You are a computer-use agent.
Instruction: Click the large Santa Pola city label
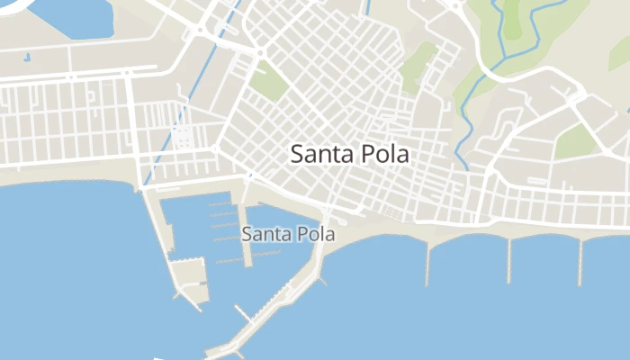coord(349,154)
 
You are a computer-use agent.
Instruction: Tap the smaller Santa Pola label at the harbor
coord(288,234)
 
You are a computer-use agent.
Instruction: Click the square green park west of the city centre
coord(268,81)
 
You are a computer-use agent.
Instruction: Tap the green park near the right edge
coord(576,141)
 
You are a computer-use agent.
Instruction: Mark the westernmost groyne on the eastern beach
coord(427,264)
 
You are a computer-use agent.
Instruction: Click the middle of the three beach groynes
coord(508,259)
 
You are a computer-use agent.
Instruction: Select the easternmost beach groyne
coord(580,262)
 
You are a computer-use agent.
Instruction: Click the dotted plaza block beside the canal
coord(183,137)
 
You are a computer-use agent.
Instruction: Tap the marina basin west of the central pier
coord(202,225)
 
